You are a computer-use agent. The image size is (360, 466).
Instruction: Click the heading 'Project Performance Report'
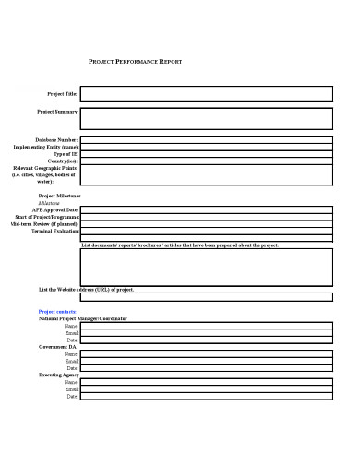135,61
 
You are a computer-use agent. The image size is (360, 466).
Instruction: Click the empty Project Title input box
206,94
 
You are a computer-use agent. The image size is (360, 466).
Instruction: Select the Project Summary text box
206,118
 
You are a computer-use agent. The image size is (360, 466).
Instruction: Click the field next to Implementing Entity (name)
206,147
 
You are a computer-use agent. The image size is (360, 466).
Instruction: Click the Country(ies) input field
206,161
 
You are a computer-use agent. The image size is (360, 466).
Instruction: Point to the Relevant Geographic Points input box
206,175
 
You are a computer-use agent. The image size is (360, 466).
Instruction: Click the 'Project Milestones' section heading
59,197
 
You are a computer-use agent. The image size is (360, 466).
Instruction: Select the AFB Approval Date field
206,210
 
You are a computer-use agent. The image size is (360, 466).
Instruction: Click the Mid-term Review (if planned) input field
206,225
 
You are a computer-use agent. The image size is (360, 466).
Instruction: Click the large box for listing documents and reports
206,267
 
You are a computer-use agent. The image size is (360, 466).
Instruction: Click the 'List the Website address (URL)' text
87,290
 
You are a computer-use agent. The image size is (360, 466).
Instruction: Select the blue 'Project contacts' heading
57,312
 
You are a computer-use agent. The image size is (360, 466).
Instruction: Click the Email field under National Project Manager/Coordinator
206,333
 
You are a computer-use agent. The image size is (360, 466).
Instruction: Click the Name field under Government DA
206,354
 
